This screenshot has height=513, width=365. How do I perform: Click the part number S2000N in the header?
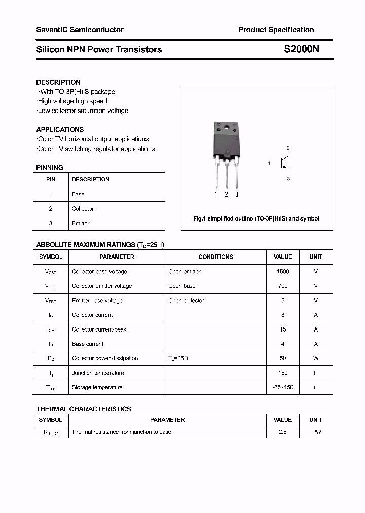click(x=301, y=49)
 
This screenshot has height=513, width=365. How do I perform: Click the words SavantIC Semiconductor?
click(x=80, y=30)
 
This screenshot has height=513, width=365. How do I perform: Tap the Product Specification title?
click(x=276, y=30)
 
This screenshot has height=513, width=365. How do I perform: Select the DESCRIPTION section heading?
click(x=58, y=82)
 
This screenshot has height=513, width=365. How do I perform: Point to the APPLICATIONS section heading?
click(x=60, y=130)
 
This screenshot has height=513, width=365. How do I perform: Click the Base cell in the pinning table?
click(x=78, y=194)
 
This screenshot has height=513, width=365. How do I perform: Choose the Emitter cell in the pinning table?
click(x=81, y=223)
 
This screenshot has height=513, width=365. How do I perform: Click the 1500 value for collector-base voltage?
click(x=283, y=272)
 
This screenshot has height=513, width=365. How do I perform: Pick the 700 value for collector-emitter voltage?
click(x=283, y=286)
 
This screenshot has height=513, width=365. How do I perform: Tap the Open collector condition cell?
click(x=186, y=301)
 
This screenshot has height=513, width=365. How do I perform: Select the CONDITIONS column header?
click(x=215, y=257)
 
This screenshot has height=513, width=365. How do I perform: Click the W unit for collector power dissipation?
click(x=316, y=358)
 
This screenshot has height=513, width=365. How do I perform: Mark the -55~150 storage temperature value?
click(x=283, y=387)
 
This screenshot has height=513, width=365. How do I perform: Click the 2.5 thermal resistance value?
click(x=282, y=432)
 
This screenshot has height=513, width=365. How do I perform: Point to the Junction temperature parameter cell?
click(x=98, y=373)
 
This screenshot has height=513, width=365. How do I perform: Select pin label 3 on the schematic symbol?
click(x=288, y=179)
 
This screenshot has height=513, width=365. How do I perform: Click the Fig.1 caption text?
click(x=257, y=218)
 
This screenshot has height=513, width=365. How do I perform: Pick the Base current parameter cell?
click(x=88, y=344)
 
